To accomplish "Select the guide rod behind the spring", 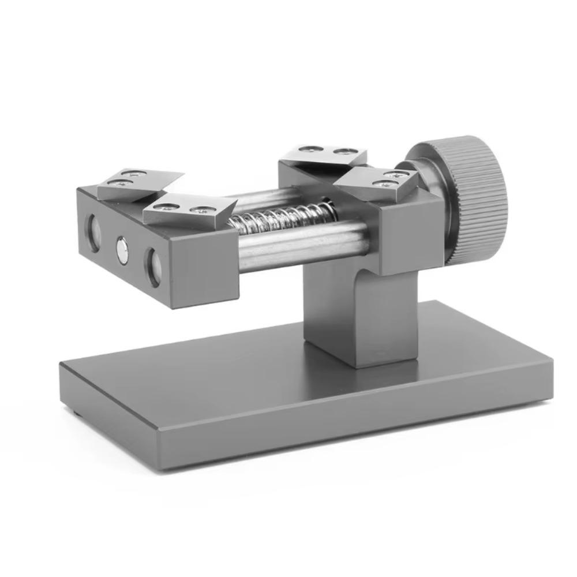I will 260,199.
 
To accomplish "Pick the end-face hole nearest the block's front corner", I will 153,267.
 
